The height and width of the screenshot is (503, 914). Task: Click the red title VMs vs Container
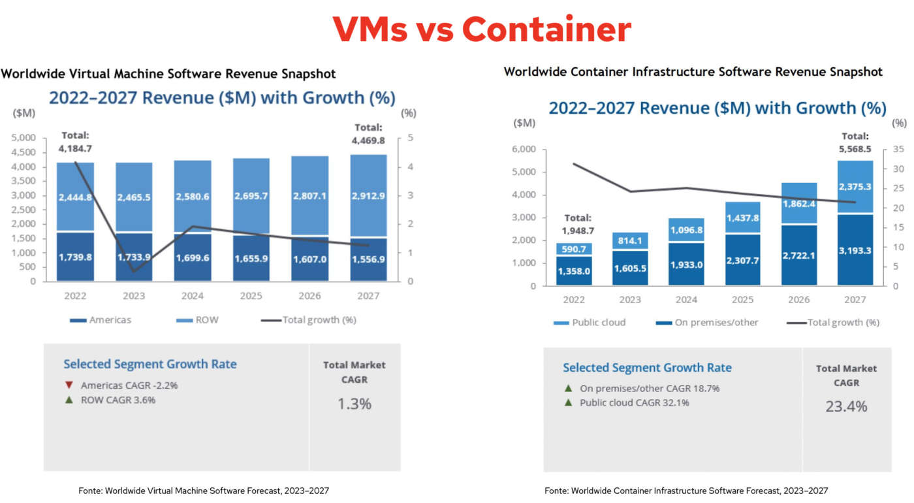482,29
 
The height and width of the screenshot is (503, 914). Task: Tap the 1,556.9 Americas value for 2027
369,257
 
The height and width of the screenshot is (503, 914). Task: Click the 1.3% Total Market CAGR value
354,404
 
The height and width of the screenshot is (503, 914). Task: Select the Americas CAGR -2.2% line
129,385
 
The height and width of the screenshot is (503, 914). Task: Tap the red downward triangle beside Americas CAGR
69,385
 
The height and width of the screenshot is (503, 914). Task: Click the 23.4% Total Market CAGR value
846,406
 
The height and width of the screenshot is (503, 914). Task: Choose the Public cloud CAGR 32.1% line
634,402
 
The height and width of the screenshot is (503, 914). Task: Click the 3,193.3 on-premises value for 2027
855,250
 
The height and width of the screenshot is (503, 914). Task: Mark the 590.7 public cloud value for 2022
574,249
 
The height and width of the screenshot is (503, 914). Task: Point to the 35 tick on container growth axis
898,150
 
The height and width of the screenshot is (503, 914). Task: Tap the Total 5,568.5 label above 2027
855,142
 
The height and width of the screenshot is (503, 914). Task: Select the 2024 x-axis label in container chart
686,300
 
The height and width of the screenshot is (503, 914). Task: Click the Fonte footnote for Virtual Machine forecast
208,490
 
